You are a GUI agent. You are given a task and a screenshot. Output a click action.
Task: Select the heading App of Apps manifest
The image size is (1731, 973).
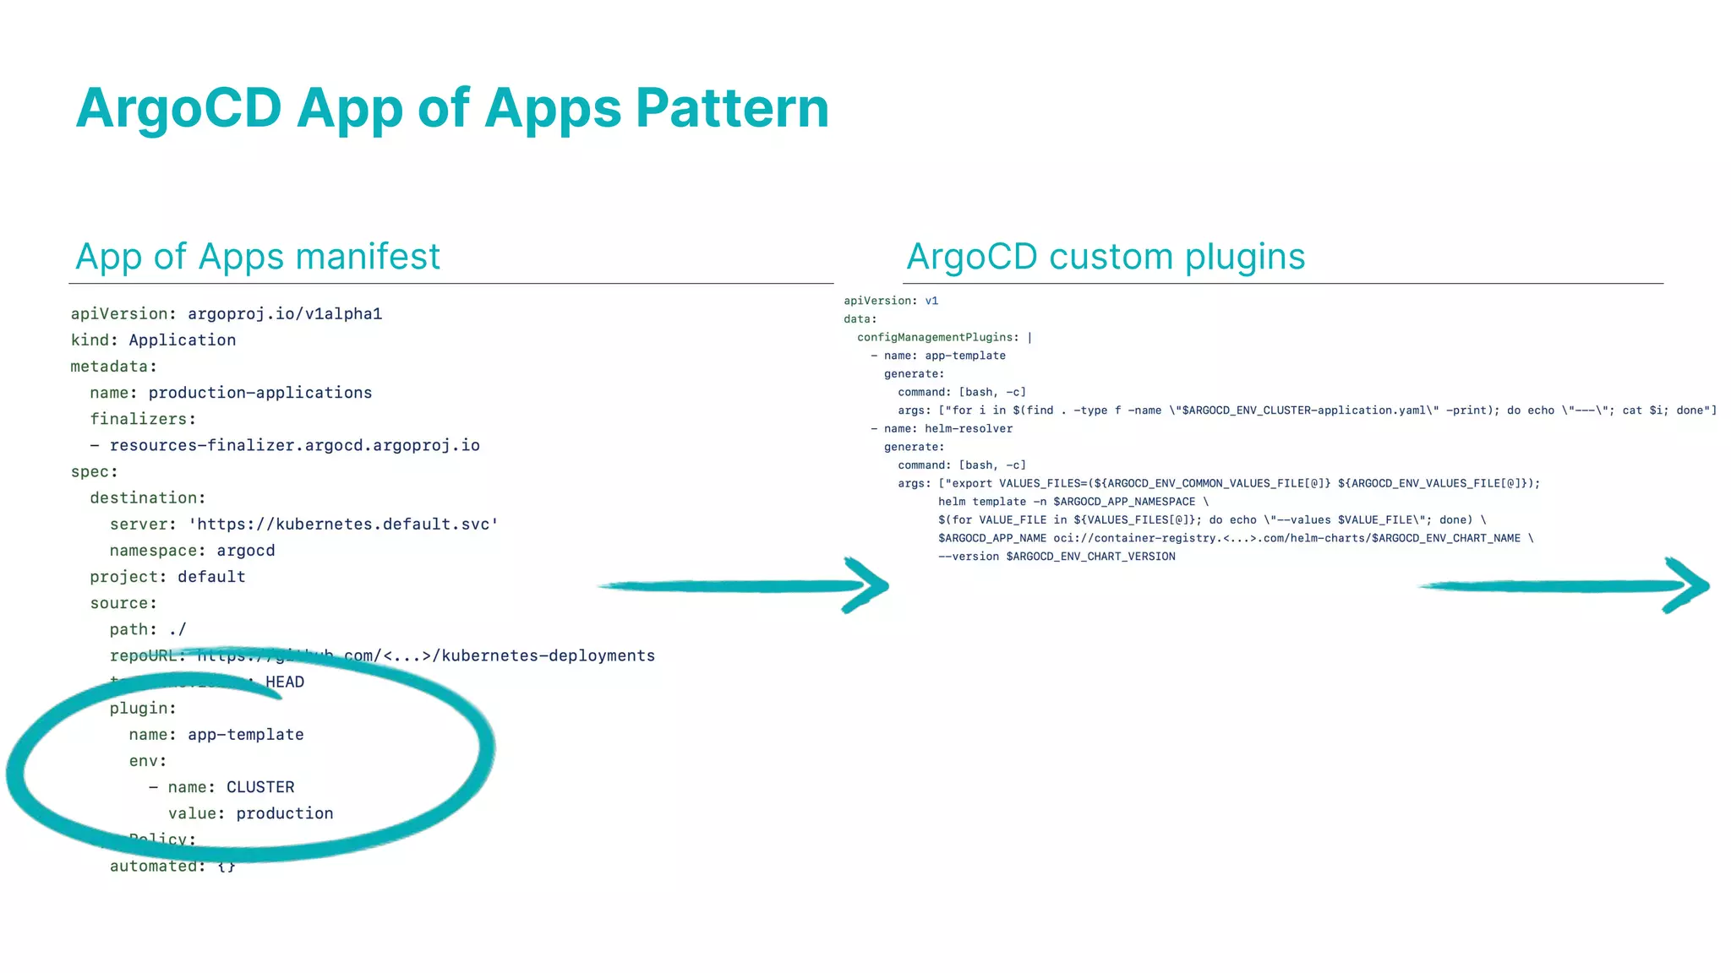[258, 257]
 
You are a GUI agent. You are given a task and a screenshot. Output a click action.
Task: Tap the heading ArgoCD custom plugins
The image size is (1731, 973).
[1106, 257]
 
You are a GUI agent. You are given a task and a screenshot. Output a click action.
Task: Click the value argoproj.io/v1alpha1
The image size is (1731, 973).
[285, 314]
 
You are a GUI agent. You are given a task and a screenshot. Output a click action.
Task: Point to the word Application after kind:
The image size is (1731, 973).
[182, 340]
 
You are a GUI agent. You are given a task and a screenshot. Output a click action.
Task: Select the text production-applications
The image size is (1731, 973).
[259, 393]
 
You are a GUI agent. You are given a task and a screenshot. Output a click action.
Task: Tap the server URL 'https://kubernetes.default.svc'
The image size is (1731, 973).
[343, 525]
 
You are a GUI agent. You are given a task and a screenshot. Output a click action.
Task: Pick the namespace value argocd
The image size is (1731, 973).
[245, 551]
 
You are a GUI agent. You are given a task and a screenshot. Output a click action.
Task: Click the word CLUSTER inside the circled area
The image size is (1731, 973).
[260, 787]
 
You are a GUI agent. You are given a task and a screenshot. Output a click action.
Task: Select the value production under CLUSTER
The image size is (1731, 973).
[284, 813]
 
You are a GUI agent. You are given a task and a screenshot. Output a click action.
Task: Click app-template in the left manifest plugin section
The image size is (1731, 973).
[245, 735]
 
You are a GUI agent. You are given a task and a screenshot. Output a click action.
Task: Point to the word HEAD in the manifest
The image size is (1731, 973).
[285, 682]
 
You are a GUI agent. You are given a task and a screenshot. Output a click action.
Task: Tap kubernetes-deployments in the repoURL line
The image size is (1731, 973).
[548, 656]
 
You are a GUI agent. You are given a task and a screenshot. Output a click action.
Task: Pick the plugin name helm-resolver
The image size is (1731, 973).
[968, 429]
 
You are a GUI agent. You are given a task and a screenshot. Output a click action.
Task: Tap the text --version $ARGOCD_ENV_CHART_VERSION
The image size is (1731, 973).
[1057, 557]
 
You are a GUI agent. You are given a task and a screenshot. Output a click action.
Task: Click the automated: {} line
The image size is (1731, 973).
[172, 867]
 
